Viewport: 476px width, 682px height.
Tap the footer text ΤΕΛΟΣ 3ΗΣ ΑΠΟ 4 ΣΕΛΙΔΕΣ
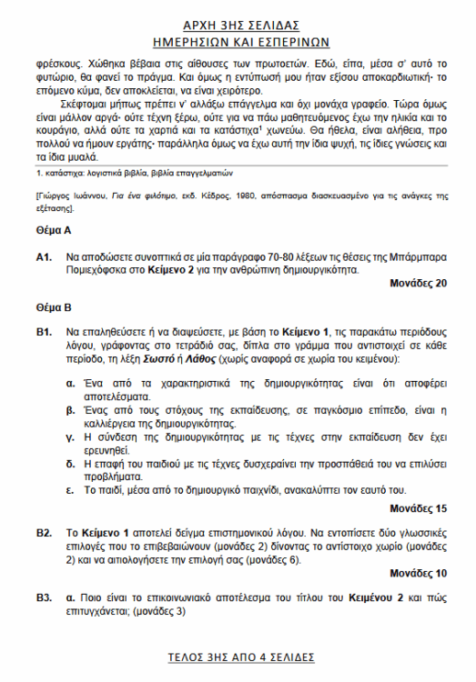tap(238, 656)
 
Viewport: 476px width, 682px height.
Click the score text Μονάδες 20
tap(418, 283)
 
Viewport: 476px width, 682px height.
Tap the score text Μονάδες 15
tap(418, 507)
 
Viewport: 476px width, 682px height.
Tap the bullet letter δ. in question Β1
tap(71, 466)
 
